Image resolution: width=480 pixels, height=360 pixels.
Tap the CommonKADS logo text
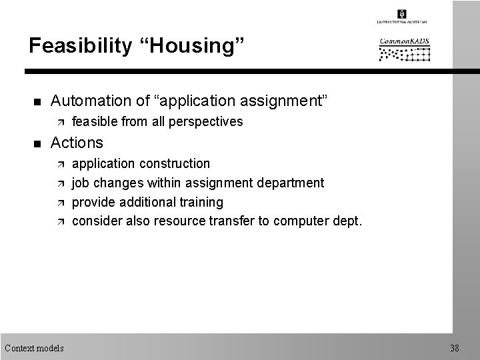(x=405, y=42)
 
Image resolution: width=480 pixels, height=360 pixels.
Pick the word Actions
(x=77, y=143)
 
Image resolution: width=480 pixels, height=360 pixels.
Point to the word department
(x=291, y=183)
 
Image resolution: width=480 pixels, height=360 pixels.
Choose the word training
(x=201, y=202)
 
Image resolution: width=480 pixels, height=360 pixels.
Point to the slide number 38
(x=454, y=347)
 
